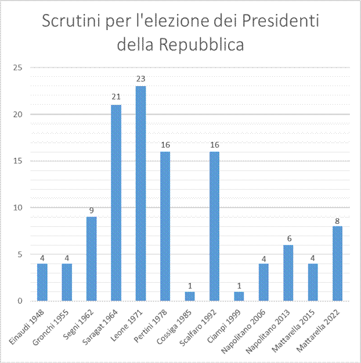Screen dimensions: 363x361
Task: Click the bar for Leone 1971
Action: coord(140,193)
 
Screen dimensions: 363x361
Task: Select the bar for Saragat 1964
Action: coord(116,202)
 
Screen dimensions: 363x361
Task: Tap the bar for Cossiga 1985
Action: coord(190,296)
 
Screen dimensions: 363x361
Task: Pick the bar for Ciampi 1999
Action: coord(239,296)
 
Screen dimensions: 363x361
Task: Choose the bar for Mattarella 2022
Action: coord(337,263)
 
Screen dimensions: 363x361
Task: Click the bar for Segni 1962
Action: coord(91,259)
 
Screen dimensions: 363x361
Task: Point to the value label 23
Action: coord(140,79)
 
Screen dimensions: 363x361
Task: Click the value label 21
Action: coord(116,97)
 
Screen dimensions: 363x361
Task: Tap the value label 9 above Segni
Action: coord(91,209)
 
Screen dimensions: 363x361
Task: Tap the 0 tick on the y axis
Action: coord(20,301)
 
